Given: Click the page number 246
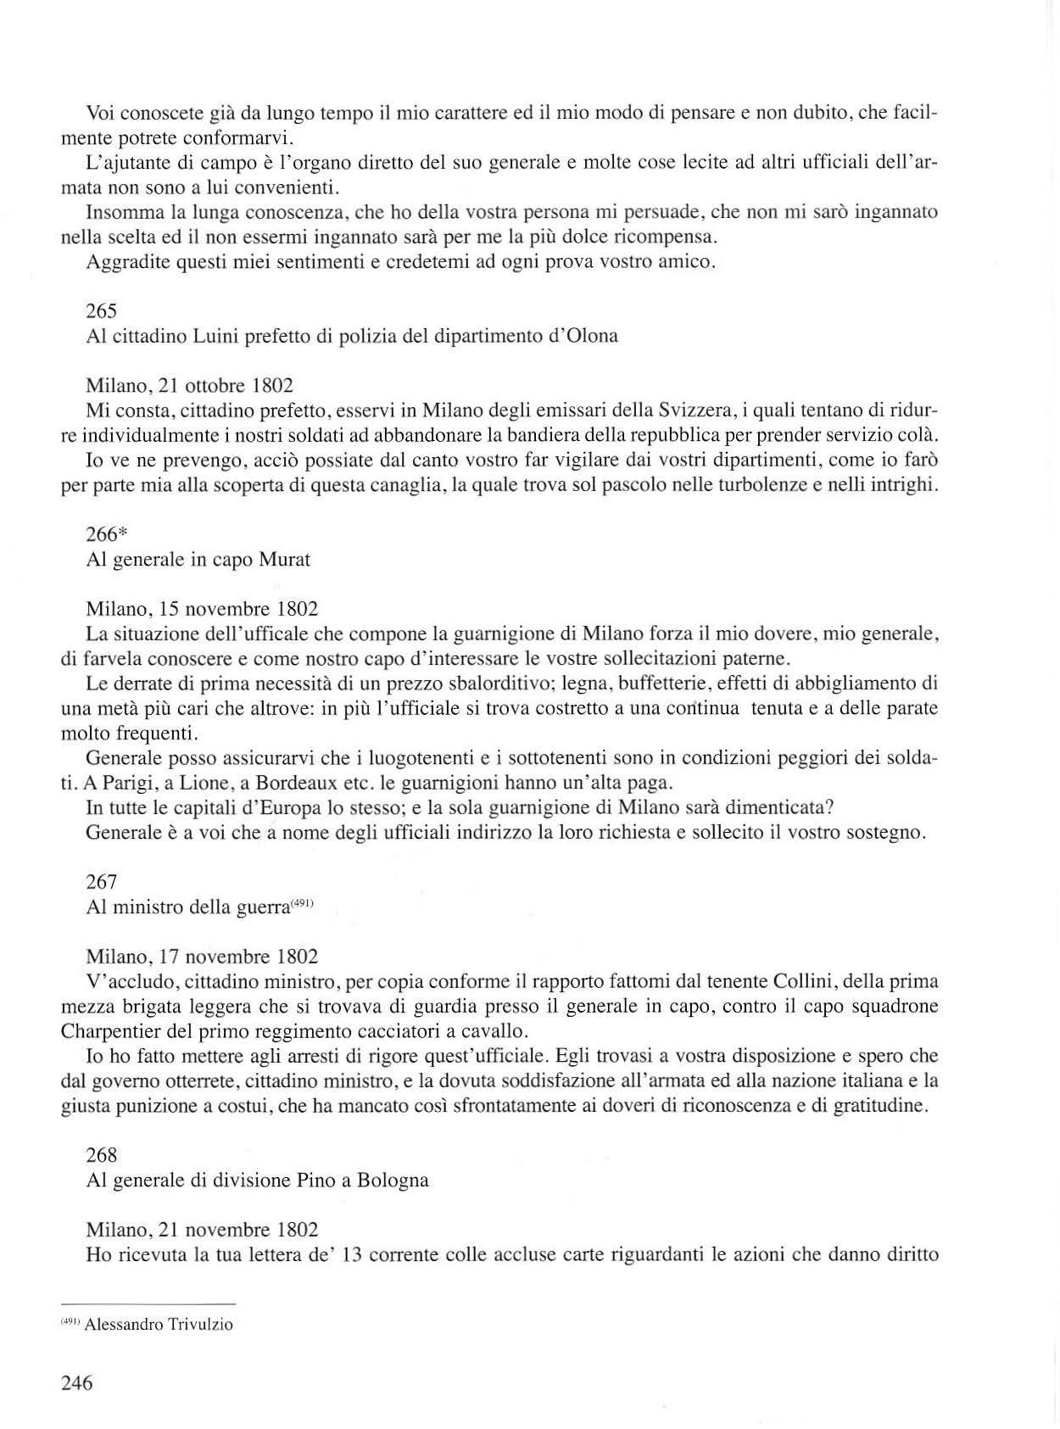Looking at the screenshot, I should tap(76, 1383).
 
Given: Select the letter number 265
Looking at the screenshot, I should tap(102, 311).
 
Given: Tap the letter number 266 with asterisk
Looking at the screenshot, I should tap(106, 534).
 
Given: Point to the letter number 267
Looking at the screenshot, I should tap(102, 883).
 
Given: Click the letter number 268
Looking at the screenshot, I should tap(102, 1155).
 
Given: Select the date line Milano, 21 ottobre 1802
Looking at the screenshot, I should tap(190, 386).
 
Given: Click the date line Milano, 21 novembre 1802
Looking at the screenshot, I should tap(202, 1230).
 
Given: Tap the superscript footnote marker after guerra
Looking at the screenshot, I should tap(303, 904).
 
